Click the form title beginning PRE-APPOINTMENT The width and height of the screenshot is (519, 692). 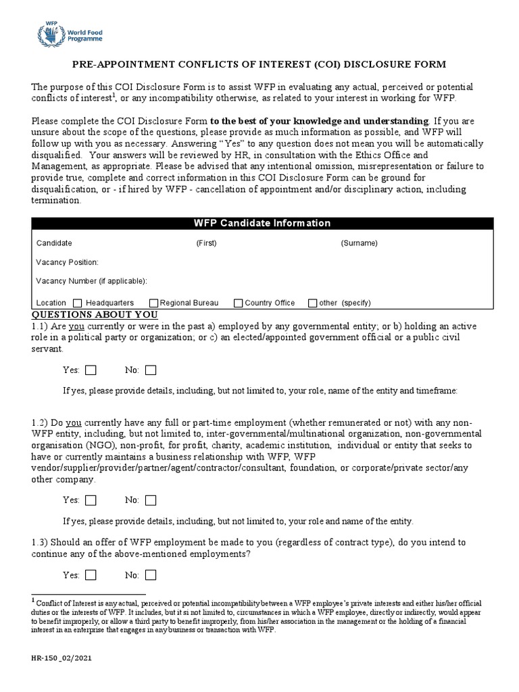pos(259,64)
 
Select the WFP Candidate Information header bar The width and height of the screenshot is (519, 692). pos(259,223)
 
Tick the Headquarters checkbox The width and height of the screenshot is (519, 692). pos(77,303)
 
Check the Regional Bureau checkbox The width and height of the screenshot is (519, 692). pos(153,303)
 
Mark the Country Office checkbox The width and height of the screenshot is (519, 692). pos(238,303)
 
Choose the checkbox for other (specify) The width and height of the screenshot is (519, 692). pos(312,303)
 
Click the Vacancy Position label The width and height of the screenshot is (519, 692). pos(67,262)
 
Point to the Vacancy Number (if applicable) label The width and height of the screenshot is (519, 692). pos(91,280)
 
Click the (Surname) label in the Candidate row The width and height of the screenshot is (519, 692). pos(359,243)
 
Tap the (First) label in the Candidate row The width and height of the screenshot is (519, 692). pos(206,243)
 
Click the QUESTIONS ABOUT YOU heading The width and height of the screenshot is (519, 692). pos(95,315)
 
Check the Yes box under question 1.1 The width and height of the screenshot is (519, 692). pos(91,370)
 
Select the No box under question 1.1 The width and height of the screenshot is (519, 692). pos(151,370)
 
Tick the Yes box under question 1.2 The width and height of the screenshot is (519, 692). pos(91,500)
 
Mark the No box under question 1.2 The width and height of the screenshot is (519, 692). pos(151,500)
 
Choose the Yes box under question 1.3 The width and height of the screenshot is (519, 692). pos(91,575)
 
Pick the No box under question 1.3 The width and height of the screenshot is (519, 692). pos(151,575)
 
